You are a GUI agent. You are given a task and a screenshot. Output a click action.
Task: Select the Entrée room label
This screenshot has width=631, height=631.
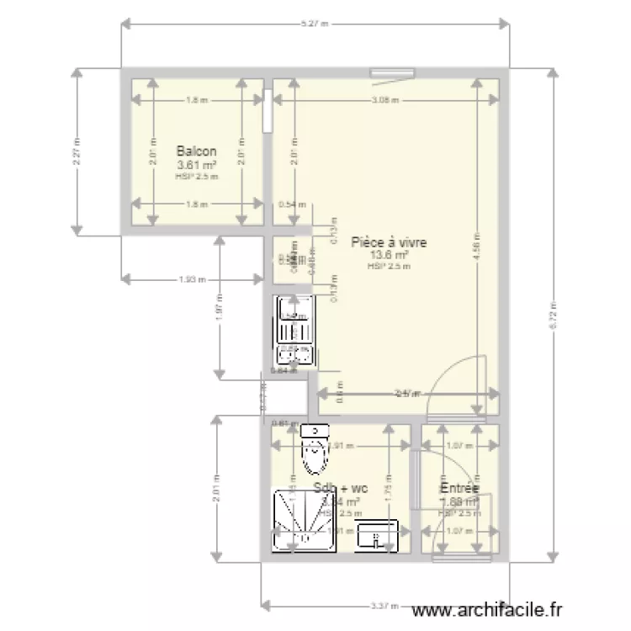(x=459, y=488)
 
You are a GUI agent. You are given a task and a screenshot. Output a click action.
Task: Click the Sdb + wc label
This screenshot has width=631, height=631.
(x=341, y=488)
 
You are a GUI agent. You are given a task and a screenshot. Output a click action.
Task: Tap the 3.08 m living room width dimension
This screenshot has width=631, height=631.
(x=384, y=99)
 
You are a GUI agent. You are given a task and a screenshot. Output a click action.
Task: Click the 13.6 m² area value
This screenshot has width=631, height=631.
(x=389, y=254)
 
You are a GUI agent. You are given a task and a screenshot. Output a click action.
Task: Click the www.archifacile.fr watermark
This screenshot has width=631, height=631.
(x=489, y=612)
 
